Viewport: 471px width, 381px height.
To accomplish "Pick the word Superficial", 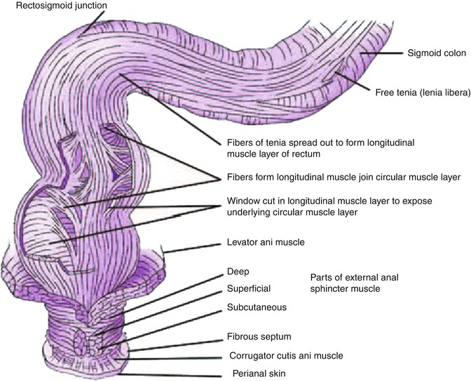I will (247, 288).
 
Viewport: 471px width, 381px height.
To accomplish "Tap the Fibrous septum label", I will (257, 337).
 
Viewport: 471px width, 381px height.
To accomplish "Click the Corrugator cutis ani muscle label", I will (287, 355).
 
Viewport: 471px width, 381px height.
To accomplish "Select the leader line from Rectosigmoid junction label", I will (83, 24).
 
